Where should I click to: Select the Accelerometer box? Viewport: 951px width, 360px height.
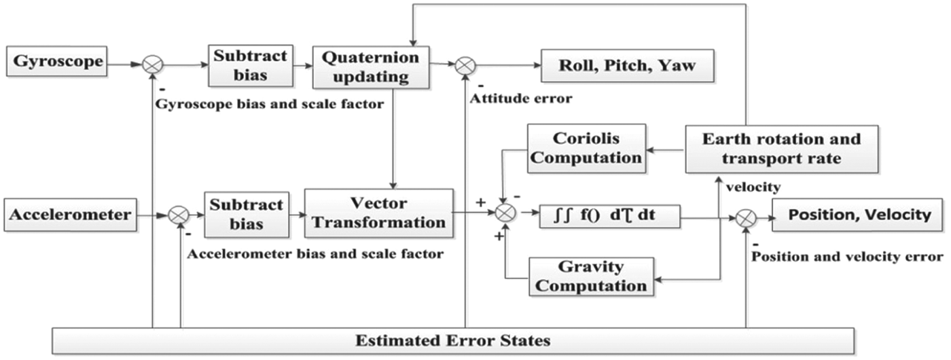(x=70, y=215)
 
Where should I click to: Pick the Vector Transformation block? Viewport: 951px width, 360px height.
(x=379, y=213)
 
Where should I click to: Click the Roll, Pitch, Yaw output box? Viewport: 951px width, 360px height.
(x=626, y=67)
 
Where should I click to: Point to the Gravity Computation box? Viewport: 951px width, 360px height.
(x=591, y=276)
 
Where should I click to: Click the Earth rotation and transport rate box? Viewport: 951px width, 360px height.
(x=781, y=149)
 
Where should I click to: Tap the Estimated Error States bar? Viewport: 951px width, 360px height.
(x=454, y=340)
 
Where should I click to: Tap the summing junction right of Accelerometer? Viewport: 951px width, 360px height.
(x=179, y=215)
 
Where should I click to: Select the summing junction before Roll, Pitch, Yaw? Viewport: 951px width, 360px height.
(x=465, y=65)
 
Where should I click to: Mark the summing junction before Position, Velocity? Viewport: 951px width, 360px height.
(x=746, y=217)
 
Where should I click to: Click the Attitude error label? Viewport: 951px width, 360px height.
(x=520, y=99)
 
